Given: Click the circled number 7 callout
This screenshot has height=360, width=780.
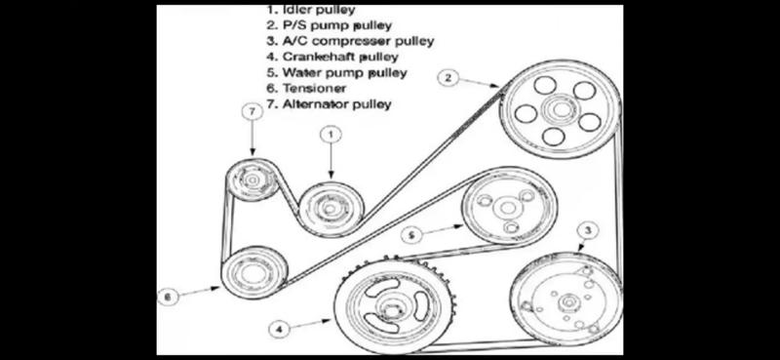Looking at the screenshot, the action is click(x=253, y=112).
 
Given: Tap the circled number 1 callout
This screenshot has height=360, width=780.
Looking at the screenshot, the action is click(x=331, y=134).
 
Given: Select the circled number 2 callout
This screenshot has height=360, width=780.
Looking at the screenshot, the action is click(x=448, y=77).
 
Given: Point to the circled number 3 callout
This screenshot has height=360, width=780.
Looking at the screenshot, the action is click(x=588, y=231).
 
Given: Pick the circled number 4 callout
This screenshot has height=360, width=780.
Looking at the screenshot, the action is click(x=279, y=329).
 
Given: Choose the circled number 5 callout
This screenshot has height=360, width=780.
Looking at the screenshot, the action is click(x=411, y=234).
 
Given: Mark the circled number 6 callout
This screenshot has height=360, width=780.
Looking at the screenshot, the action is click(x=168, y=297).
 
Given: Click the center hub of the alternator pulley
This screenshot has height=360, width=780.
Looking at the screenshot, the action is click(x=252, y=180).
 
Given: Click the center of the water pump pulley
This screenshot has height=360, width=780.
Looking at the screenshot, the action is click(x=508, y=208).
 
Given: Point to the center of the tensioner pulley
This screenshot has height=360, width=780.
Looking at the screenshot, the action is click(x=253, y=273).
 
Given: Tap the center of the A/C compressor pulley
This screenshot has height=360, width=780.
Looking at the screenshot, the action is click(x=568, y=301).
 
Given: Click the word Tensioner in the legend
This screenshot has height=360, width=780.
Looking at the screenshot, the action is click(x=314, y=89).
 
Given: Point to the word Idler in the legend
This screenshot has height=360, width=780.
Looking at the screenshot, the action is click(x=298, y=10).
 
